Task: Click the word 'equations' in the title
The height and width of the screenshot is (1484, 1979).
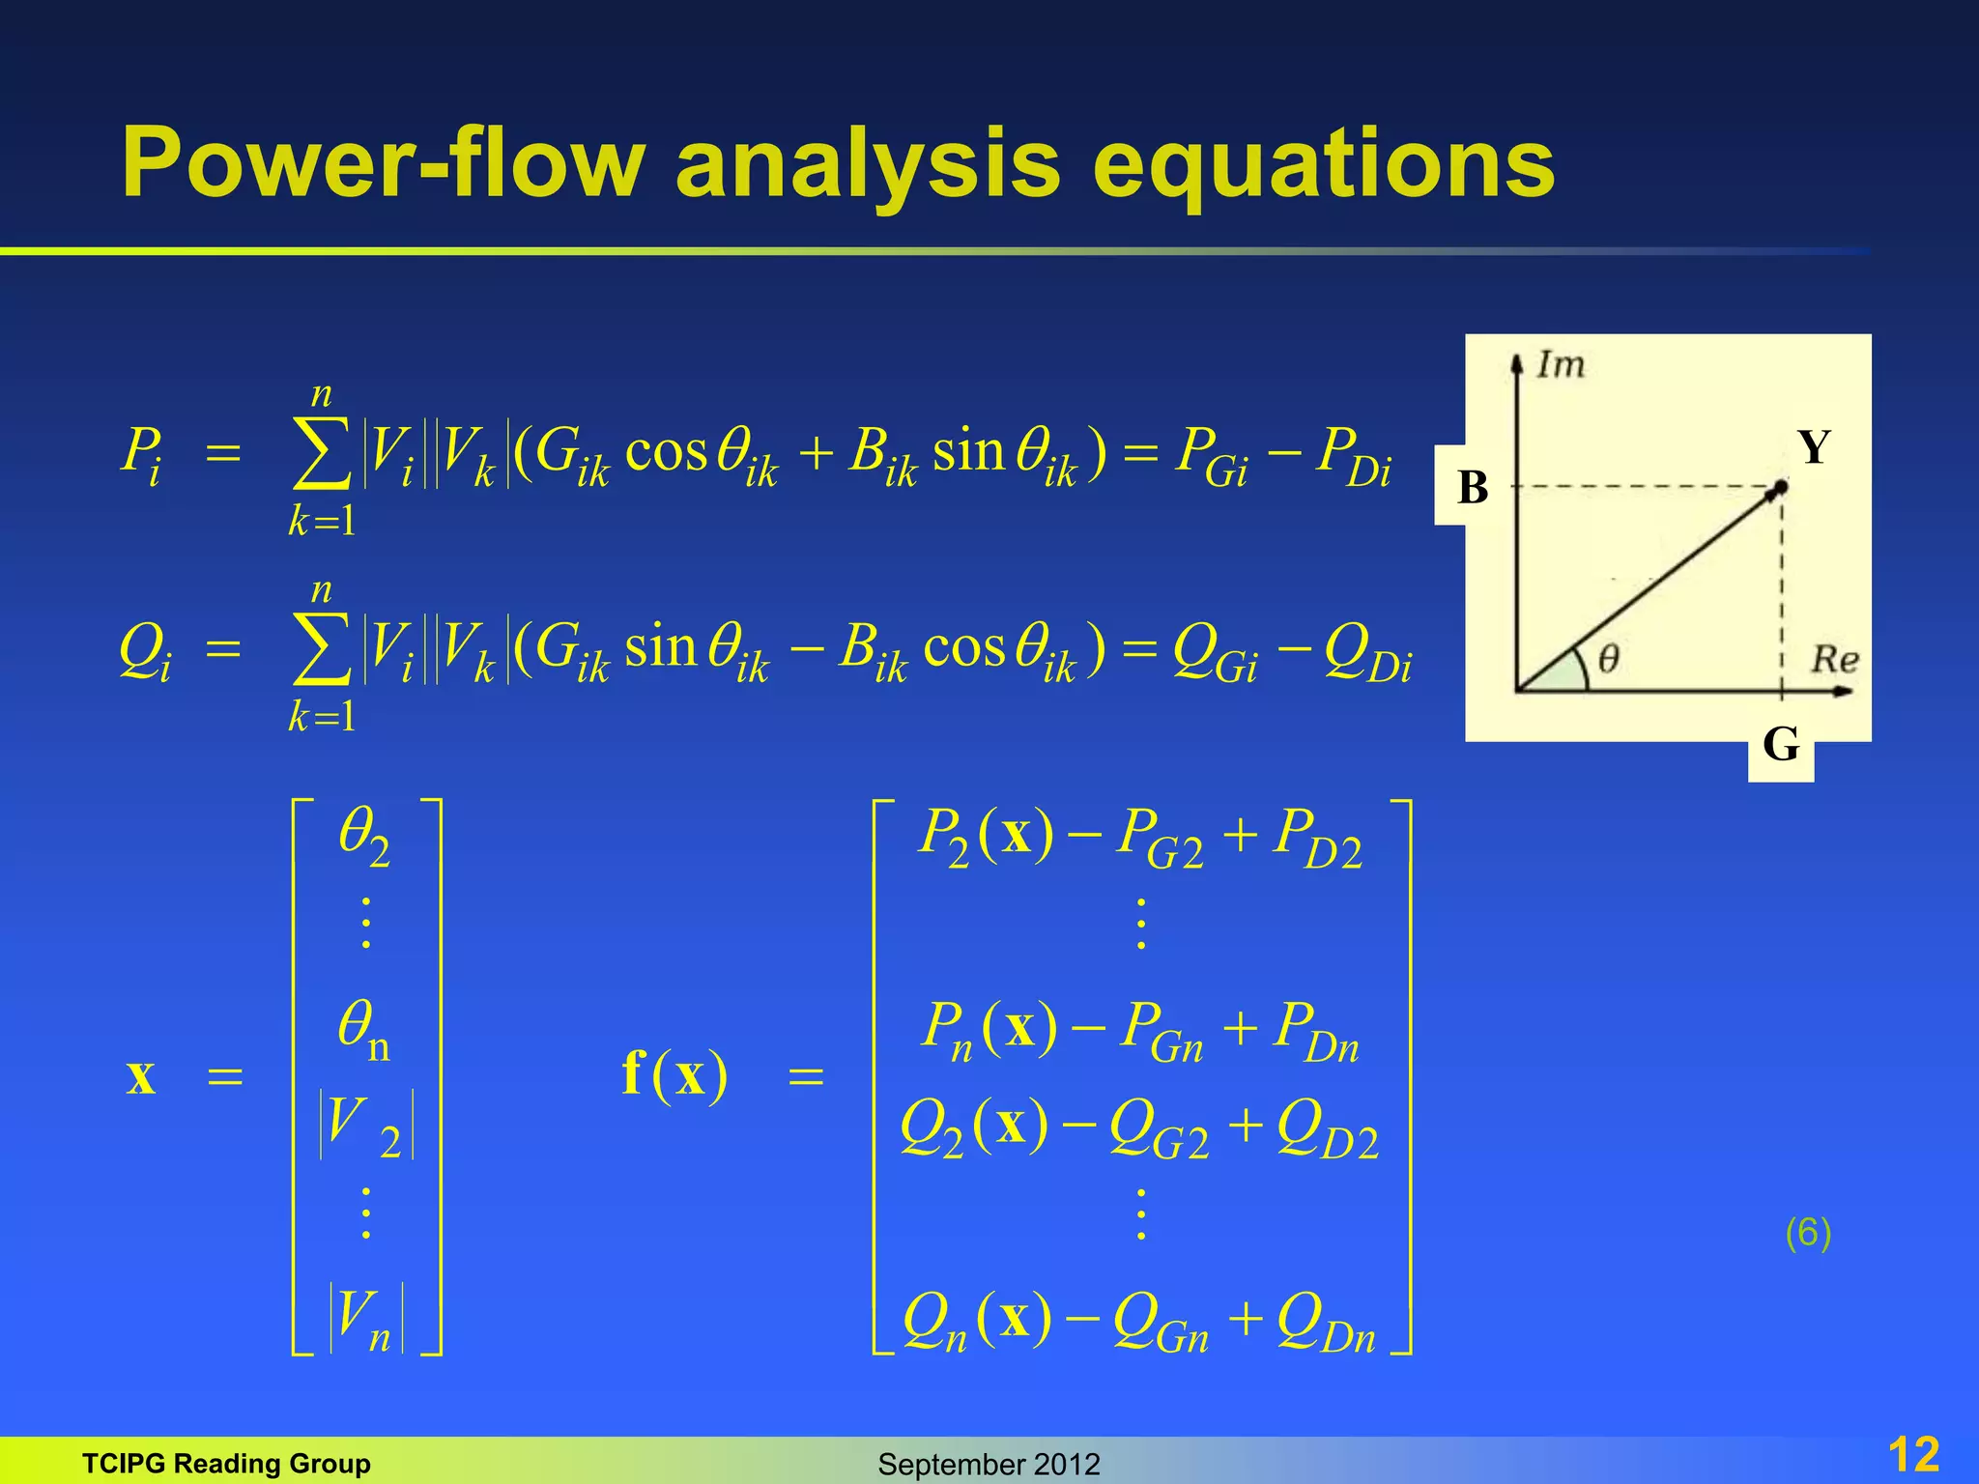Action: (1324, 164)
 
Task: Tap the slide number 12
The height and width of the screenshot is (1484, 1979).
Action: (1912, 1454)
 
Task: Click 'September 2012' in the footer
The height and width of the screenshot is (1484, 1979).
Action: (989, 1464)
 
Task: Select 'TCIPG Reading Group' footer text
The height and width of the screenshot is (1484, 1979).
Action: (226, 1463)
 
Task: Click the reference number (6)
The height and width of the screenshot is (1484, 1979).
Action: (1807, 1233)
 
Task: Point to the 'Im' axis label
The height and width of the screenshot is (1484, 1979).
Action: (1561, 365)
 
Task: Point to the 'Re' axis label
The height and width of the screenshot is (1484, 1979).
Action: (1834, 660)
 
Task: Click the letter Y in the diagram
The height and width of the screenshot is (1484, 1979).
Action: (1814, 448)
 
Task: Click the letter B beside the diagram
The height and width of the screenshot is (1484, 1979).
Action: (1473, 487)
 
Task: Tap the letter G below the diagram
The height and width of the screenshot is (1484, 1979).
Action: (1781, 745)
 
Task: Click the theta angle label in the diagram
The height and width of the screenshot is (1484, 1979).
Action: (1608, 660)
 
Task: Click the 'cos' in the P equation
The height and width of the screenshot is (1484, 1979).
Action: (666, 451)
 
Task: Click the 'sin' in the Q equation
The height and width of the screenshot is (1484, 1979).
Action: (660, 646)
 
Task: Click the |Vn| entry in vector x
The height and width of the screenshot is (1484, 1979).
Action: (366, 1319)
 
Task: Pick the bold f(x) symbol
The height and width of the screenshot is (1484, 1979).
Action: (674, 1074)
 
